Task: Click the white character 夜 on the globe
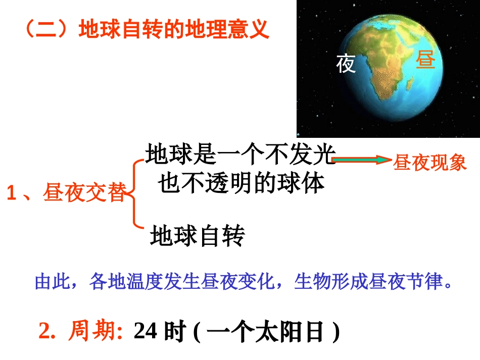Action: click(346, 64)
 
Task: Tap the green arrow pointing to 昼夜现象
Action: click(362, 160)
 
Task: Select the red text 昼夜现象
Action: click(430, 164)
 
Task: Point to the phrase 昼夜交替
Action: click(84, 193)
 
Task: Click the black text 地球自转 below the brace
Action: click(198, 236)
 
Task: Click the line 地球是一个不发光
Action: click(241, 154)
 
